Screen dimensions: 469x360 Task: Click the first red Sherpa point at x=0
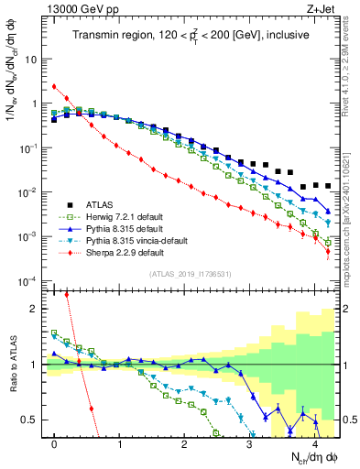pyautogui.click(x=54, y=87)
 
